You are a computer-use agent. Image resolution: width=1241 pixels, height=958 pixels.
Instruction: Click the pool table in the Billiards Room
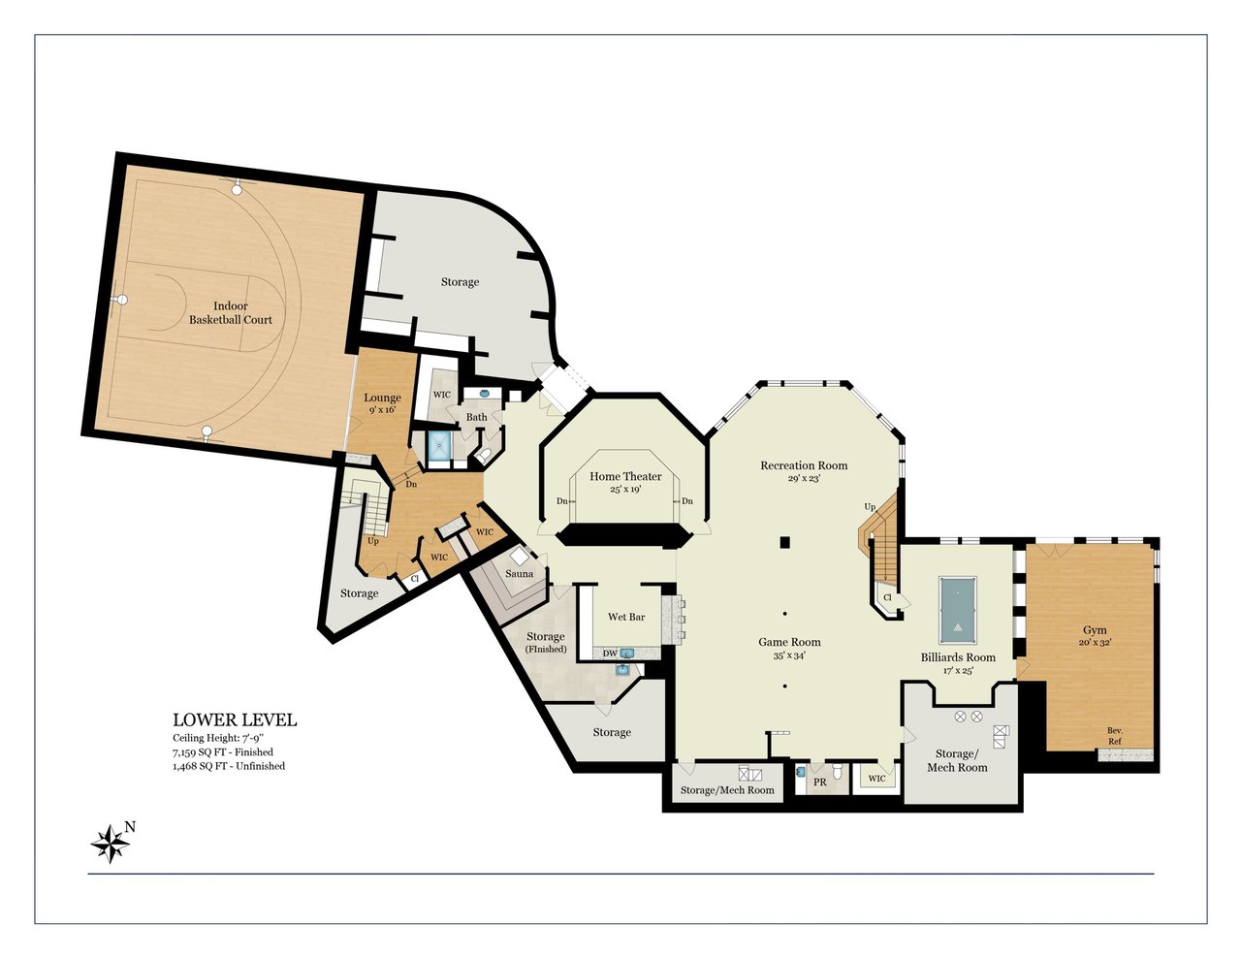(958, 610)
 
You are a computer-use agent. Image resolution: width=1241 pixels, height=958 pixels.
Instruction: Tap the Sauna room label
(519, 574)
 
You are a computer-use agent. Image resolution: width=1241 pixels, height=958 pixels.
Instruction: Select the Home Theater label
(625, 476)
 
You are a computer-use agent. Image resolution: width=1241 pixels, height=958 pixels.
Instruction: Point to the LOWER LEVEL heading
(235, 719)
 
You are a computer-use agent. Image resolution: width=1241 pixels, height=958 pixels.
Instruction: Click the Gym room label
(1095, 630)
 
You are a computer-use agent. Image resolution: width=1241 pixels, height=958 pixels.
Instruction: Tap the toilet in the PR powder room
(838, 772)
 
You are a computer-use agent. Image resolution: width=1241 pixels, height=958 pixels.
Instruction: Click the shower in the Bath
(439, 446)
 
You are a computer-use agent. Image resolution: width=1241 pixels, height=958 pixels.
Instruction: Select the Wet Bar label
(626, 617)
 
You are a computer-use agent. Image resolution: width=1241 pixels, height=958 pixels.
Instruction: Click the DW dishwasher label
(610, 654)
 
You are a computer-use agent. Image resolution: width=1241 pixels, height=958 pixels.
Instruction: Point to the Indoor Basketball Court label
(231, 313)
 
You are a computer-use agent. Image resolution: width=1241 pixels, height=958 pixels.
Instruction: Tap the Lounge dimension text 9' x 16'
(383, 410)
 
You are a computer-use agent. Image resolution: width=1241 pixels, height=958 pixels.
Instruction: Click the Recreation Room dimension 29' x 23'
(804, 478)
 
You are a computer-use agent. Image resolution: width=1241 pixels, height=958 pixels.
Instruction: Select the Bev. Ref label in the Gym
(1115, 736)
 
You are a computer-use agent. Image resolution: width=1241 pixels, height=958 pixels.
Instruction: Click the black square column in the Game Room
(786, 542)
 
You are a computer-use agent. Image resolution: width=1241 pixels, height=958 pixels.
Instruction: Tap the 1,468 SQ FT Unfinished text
(229, 766)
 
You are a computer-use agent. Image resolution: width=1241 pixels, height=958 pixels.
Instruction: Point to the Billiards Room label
(958, 657)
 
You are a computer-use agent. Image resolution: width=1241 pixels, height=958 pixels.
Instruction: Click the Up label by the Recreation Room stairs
(870, 506)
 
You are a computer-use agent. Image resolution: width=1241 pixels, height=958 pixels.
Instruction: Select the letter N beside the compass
(130, 826)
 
